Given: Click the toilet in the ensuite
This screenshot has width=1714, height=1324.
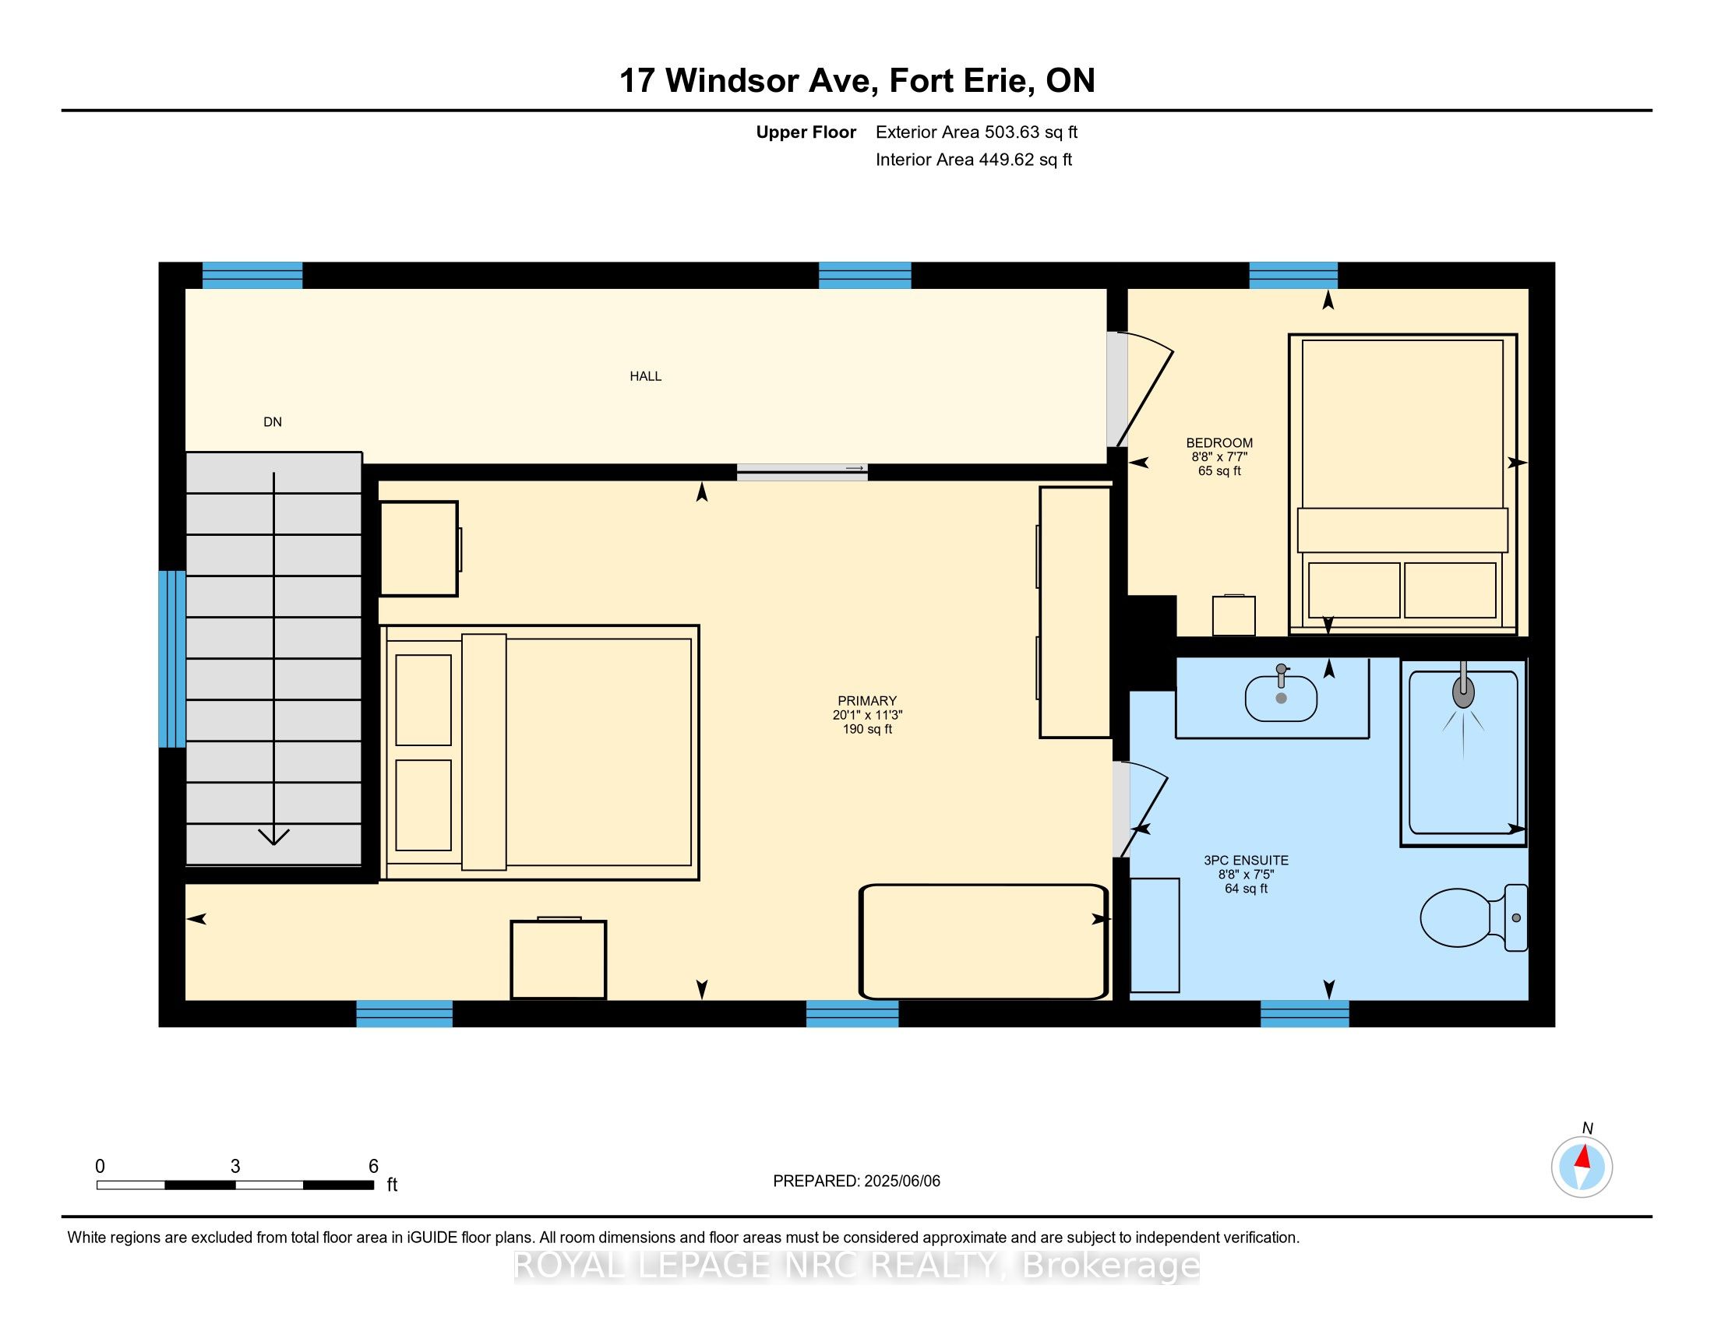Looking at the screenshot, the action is pyautogui.click(x=1474, y=917).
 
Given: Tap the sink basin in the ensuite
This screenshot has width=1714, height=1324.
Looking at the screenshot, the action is pyautogui.click(x=1281, y=698).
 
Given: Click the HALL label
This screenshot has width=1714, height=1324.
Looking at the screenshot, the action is pyautogui.click(x=645, y=376).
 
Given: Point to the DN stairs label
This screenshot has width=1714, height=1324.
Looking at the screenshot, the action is pyautogui.click(x=273, y=422).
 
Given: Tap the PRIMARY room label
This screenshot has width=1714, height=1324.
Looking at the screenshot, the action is pyautogui.click(x=867, y=701).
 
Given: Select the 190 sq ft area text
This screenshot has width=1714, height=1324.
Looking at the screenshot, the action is pyautogui.click(x=867, y=730).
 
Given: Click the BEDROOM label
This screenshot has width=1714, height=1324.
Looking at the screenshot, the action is pyautogui.click(x=1219, y=442).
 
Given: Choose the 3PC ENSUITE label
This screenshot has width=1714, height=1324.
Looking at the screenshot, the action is pyautogui.click(x=1247, y=861).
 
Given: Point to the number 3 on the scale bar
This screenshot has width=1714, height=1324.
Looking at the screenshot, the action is pyautogui.click(x=235, y=1167).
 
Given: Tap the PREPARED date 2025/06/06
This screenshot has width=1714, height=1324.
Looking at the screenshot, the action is pyautogui.click(x=901, y=1181).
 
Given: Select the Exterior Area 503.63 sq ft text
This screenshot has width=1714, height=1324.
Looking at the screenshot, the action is pyautogui.click(x=976, y=132).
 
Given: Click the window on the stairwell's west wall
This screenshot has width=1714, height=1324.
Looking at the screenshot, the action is pyautogui.click(x=172, y=659).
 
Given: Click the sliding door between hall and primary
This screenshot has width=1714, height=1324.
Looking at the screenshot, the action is pyautogui.click(x=802, y=471).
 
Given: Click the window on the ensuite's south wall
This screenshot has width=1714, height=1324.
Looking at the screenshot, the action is pyautogui.click(x=1304, y=1013).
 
